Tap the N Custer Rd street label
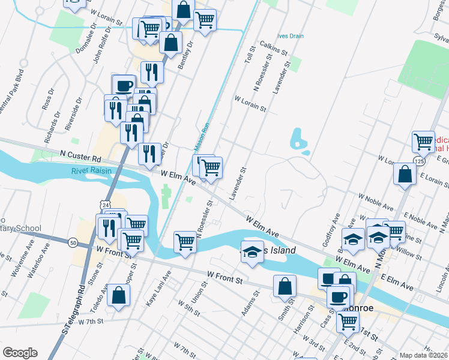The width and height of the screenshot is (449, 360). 80,157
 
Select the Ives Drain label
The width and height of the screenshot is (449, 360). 291,36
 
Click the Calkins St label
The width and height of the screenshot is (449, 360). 268,52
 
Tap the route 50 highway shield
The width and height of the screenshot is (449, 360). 73,242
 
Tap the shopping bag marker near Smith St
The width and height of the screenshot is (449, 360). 285,286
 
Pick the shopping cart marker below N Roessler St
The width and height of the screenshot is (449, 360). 185,242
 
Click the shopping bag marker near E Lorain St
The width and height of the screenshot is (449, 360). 405,174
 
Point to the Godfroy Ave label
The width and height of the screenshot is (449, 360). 332,226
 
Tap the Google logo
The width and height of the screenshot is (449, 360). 20,353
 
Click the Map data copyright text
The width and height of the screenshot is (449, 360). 423,355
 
